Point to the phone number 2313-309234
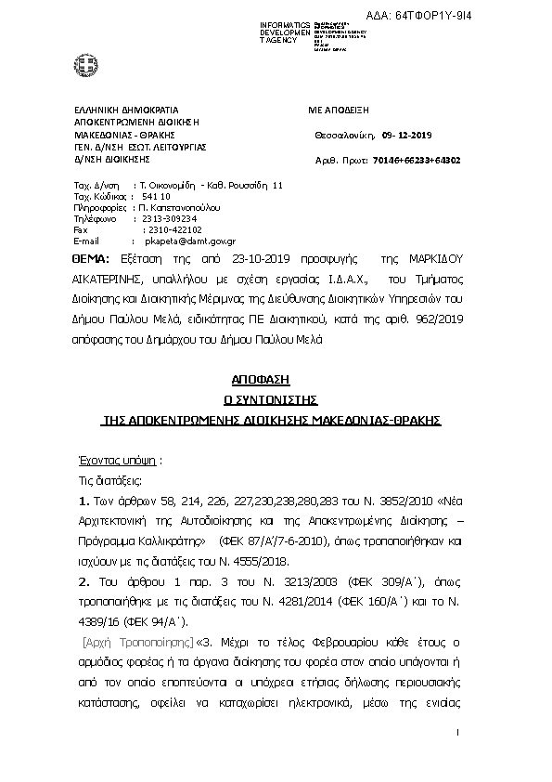coord(171,217)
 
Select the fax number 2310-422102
coord(173,228)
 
